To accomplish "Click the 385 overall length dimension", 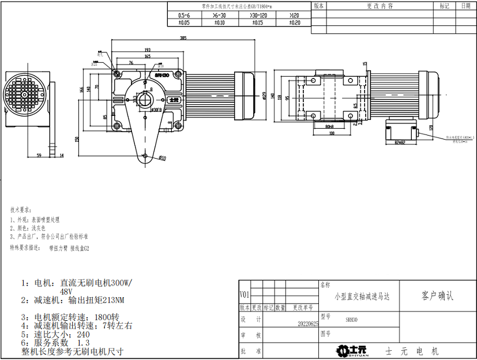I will pyautogui.click(x=183, y=39).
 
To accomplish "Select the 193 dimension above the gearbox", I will pyautogui.click(x=147, y=50).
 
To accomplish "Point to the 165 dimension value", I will pyautogui.click(x=147, y=57).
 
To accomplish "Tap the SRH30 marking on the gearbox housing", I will pyautogui.click(x=161, y=75).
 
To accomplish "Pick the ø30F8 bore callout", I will pyautogui.click(x=156, y=109).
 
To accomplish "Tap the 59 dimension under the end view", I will pyautogui.click(x=39, y=155).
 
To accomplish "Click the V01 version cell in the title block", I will pyautogui.click(x=245, y=295).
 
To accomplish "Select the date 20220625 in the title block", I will pyautogui.click(x=308, y=324).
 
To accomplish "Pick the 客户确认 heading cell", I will pyautogui.click(x=438, y=297).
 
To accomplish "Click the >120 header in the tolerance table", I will pyautogui.click(x=294, y=16).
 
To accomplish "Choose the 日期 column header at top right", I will pyautogui.click(x=465, y=6).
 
